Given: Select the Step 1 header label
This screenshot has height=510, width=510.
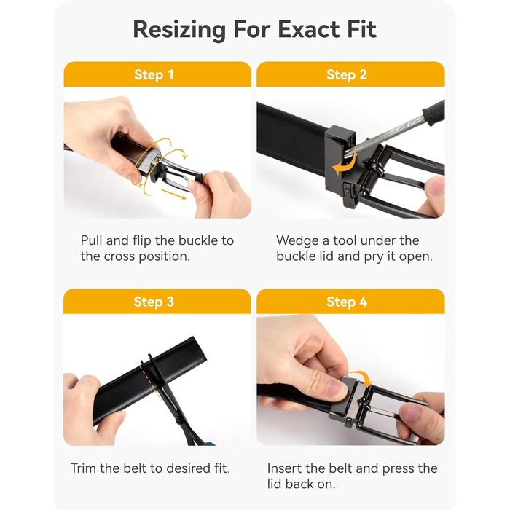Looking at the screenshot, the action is [154, 75].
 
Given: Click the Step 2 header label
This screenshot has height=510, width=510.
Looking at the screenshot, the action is [347, 75].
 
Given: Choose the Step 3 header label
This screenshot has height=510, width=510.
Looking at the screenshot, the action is [154, 302].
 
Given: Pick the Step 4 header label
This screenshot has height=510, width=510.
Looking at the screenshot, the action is [347, 302].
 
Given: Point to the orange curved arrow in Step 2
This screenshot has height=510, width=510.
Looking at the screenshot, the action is [342, 166].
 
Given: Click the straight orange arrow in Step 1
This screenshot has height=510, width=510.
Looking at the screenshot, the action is [173, 195].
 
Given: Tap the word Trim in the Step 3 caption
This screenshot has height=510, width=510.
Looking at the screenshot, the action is [84, 468].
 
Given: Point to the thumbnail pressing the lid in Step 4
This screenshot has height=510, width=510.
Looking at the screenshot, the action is [335, 389].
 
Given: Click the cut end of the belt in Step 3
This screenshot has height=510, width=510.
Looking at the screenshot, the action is [199, 350].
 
